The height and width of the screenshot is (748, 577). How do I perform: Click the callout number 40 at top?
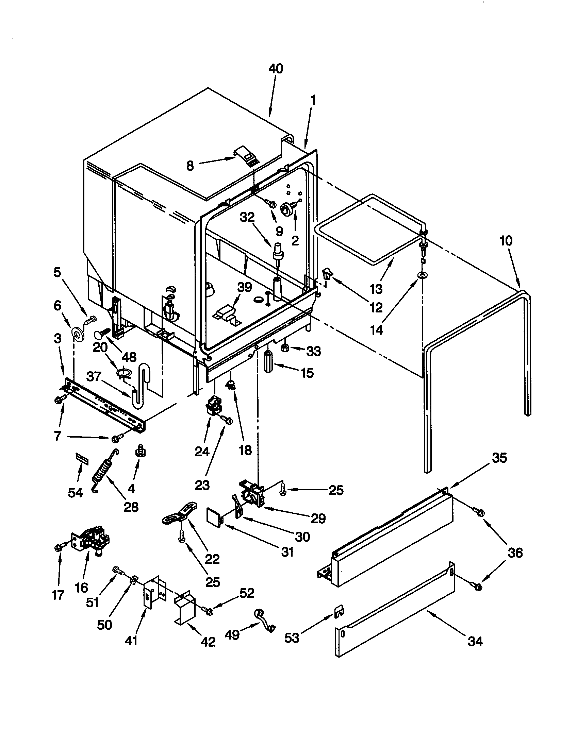pos(276,69)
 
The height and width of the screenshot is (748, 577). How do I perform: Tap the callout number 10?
pos(506,241)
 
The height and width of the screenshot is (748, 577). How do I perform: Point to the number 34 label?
pos(475,641)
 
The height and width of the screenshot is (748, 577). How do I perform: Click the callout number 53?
pos(292,638)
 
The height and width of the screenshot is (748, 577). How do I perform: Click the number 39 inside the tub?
pos(245,287)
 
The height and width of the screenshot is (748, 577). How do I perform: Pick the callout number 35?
pos(499,458)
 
